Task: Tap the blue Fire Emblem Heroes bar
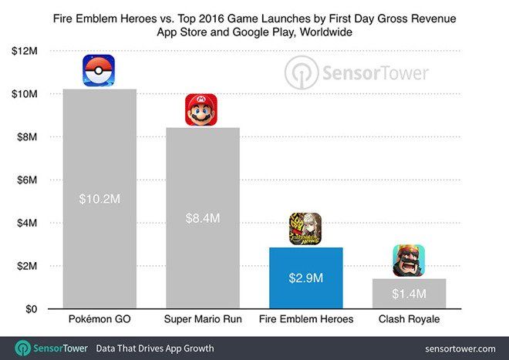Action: [305, 278]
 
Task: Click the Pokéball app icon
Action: [99, 71]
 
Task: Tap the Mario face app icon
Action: [201, 109]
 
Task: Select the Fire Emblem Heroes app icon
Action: [305, 229]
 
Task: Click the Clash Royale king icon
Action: [409, 261]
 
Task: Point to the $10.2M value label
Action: [99, 199]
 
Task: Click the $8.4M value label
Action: [202, 218]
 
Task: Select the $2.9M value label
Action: [305, 278]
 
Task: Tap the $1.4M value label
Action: [409, 294]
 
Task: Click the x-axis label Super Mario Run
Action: [202, 319]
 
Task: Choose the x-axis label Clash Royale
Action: [409, 319]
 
